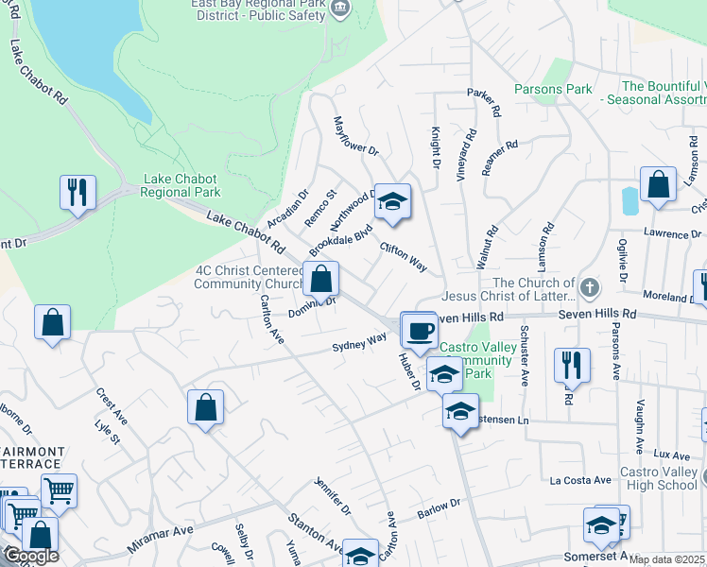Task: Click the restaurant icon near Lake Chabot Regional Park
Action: (x=78, y=192)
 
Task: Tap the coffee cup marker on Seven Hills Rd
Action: (x=419, y=331)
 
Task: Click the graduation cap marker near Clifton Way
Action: (x=393, y=202)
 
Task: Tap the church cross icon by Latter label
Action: (x=589, y=286)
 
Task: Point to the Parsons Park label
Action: (x=553, y=90)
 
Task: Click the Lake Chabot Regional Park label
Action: (x=180, y=185)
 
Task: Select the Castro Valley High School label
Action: (x=658, y=478)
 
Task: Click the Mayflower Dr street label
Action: (x=355, y=137)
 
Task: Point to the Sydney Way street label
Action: (x=359, y=342)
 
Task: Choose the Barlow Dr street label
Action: (x=438, y=510)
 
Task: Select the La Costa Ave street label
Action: (x=581, y=480)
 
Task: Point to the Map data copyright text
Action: (x=667, y=559)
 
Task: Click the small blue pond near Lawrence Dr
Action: (x=629, y=200)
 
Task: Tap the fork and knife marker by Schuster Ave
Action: (x=572, y=365)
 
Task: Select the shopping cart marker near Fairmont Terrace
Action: (x=59, y=491)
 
